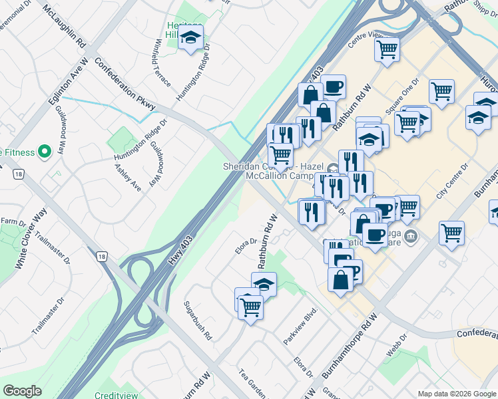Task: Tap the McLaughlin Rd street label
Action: pyautogui.click(x=65, y=27)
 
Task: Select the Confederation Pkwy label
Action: pyautogui.click(x=126, y=84)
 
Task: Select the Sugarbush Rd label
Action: pyautogui.click(x=198, y=320)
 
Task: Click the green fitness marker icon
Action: pyautogui.click(x=45, y=152)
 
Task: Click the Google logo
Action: pyautogui.click(x=22, y=390)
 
